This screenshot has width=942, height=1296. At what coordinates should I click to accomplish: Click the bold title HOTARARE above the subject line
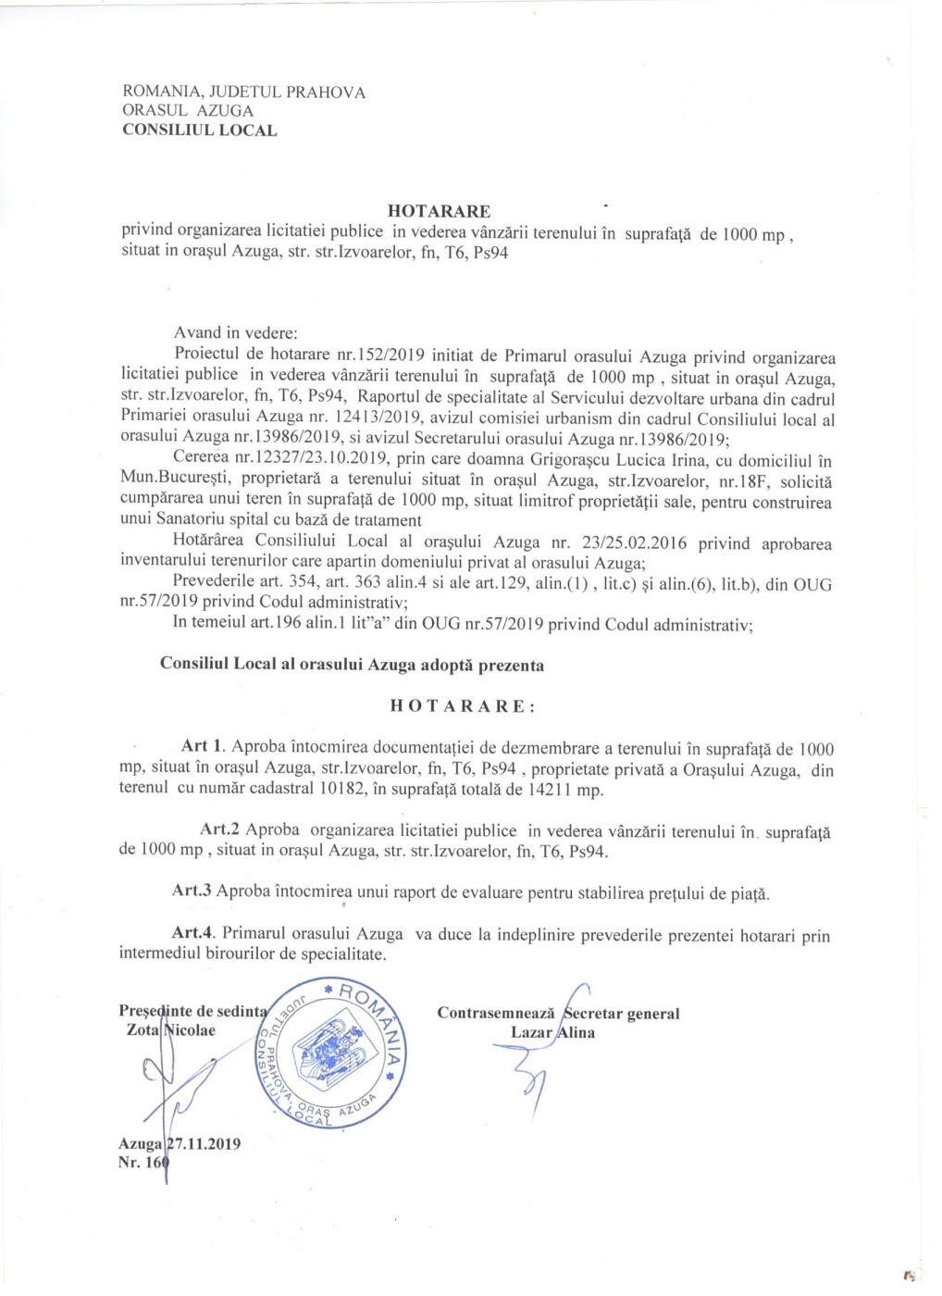(x=439, y=211)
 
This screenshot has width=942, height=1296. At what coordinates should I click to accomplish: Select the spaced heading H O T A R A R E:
(x=463, y=706)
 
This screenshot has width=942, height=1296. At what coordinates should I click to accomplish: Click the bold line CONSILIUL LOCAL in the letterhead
(x=199, y=131)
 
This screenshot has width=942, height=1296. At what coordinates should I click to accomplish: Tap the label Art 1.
(x=204, y=746)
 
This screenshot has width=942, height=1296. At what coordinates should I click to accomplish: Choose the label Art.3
(x=192, y=891)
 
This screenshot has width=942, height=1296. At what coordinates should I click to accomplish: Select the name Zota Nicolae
(x=170, y=1030)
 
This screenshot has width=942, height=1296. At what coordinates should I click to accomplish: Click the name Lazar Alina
(x=552, y=1033)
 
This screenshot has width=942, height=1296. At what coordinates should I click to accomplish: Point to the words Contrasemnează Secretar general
(x=558, y=1014)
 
